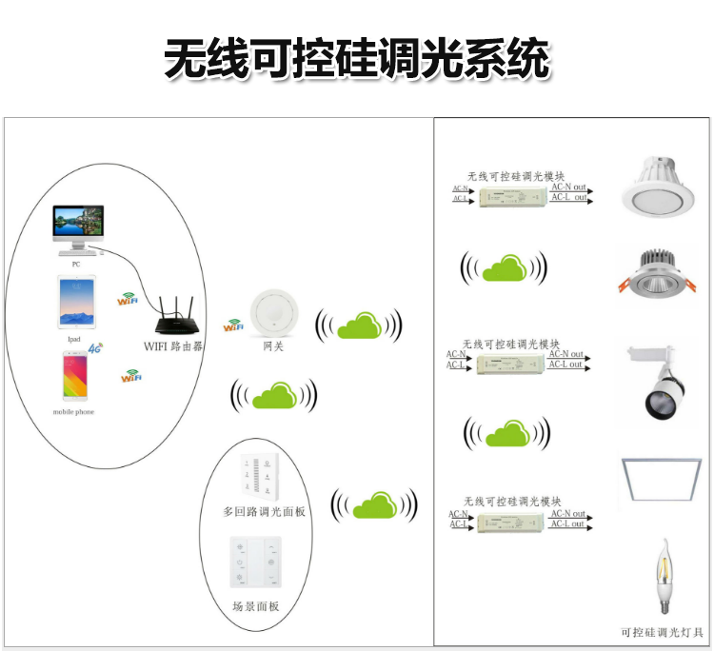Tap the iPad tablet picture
coord(76,302)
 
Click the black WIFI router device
coord(174,317)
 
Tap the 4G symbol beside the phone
coord(95,349)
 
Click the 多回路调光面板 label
coord(265,511)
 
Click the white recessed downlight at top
coord(660,188)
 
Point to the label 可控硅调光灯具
coord(661,632)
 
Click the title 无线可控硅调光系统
coord(357,59)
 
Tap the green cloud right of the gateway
coord(358,326)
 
